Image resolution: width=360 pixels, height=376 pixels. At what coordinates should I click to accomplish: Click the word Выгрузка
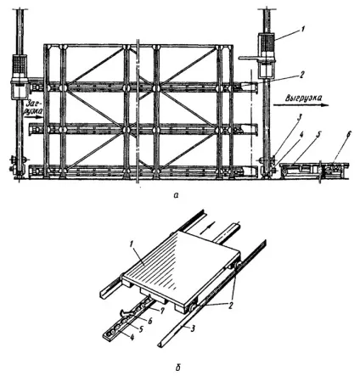pyautogui.click(x=303, y=98)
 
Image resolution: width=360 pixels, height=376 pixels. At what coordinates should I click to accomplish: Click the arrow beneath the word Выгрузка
pyautogui.click(x=301, y=105)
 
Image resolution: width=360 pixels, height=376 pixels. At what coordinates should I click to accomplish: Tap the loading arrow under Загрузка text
pyautogui.click(x=33, y=115)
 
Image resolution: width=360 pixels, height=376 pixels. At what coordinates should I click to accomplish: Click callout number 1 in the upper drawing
pyautogui.click(x=303, y=29)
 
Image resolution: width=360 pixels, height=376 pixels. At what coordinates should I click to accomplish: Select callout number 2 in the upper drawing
pyautogui.click(x=302, y=75)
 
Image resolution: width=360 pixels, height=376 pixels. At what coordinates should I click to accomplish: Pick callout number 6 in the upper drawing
pyautogui.click(x=349, y=134)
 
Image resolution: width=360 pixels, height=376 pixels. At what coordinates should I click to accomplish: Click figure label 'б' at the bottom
pyautogui.click(x=177, y=368)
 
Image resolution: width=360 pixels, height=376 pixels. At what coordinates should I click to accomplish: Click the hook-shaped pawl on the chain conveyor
pyautogui.click(x=126, y=312)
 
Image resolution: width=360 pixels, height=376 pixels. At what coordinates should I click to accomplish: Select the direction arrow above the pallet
pyautogui.click(x=205, y=227)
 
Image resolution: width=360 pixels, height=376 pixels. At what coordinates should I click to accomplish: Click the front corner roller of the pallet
pyautogui.click(x=194, y=307)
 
